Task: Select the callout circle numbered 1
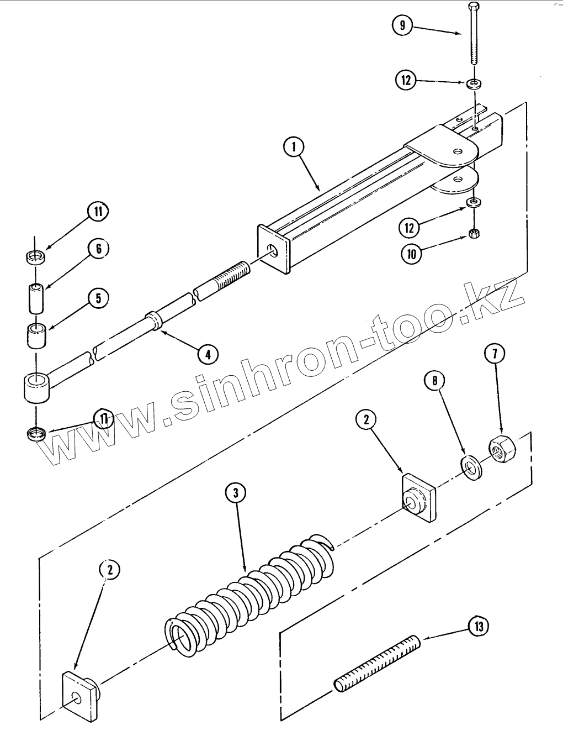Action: (x=294, y=147)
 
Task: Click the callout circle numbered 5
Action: (x=98, y=299)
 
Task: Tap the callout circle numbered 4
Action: (x=208, y=354)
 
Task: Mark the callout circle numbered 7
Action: (x=494, y=354)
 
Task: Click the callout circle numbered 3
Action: (x=236, y=493)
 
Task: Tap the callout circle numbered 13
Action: (x=478, y=627)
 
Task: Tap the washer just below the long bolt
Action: (x=472, y=84)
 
